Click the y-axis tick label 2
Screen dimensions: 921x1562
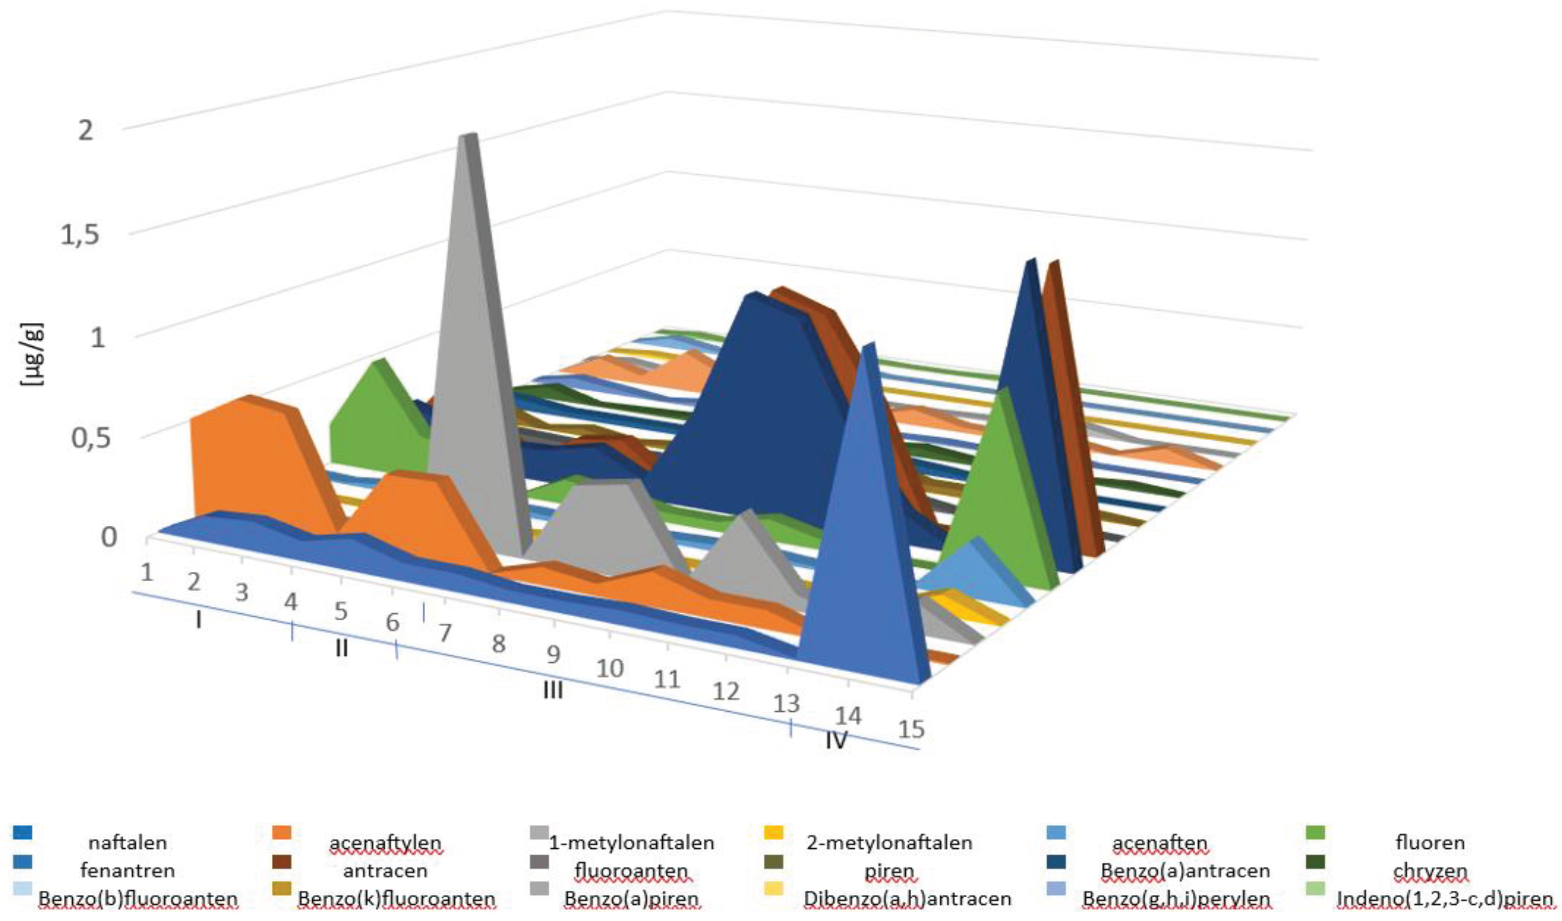click(85, 130)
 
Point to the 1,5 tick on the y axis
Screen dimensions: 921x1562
click(80, 235)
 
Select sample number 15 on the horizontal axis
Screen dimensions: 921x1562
click(911, 729)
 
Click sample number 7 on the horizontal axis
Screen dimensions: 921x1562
click(444, 634)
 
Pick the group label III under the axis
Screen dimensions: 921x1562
click(552, 690)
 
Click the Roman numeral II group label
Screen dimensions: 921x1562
click(342, 648)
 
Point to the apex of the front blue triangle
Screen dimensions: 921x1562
click(868, 345)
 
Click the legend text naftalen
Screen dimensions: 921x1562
click(127, 843)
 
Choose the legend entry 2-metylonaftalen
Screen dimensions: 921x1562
click(889, 843)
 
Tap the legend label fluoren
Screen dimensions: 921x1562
click(1430, 843)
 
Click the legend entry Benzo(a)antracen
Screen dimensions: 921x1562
click(1184, 871)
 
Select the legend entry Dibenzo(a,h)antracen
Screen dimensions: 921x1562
click(907, 899)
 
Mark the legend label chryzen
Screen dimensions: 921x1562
click(1430, 871)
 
